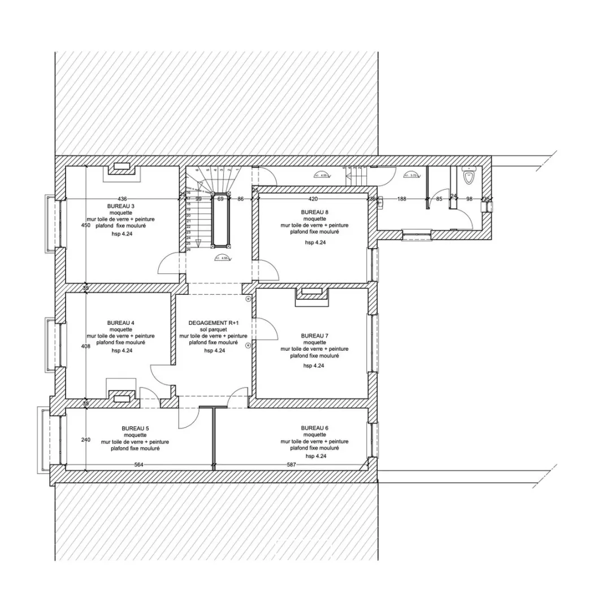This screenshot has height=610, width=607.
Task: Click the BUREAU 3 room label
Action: pos(120,206)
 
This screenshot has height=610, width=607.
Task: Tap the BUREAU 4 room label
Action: pos(120,323)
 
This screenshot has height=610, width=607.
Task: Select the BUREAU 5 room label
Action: pos(135,428)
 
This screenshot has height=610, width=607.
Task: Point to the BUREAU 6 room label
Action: pos(314,428)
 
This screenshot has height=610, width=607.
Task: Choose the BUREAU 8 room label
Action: pos(314,212)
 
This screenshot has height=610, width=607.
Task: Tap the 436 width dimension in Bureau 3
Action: pos(122,199)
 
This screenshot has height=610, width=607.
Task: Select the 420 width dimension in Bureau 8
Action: pos(313,199)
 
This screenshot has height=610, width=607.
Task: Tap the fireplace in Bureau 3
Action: pos(122,168)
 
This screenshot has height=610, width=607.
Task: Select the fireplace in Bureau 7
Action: pos(311,293)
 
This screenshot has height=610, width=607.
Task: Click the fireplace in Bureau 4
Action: pos(120,397)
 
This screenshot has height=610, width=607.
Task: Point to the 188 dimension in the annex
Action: pos(402,199)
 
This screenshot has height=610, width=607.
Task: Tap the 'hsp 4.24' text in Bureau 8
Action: pos(315,242)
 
